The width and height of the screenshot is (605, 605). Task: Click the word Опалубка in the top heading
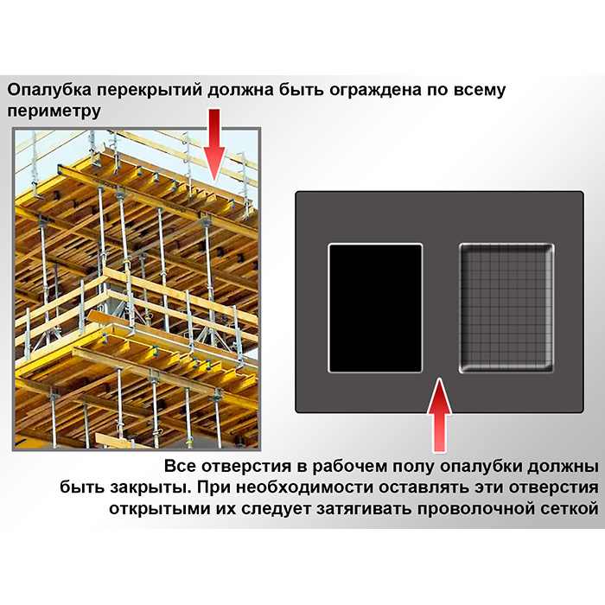coord(50,90)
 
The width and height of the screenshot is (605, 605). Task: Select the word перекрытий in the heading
coord(150,90)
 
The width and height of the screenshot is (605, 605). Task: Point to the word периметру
coord(54,111)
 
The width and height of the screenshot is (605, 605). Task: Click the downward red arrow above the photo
coord(214,145)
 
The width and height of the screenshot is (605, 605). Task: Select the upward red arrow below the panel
coord(439,415)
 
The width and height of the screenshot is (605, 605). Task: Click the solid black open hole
coord(375,309)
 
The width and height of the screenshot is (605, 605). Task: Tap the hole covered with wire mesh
coord(506,309)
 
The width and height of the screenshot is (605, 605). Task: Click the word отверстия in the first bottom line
coord(246,467)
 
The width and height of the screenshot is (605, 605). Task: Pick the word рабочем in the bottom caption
coord(349,467)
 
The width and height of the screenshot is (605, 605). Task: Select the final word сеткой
coord(569,509)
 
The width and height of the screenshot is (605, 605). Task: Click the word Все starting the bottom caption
coord(181,467)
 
